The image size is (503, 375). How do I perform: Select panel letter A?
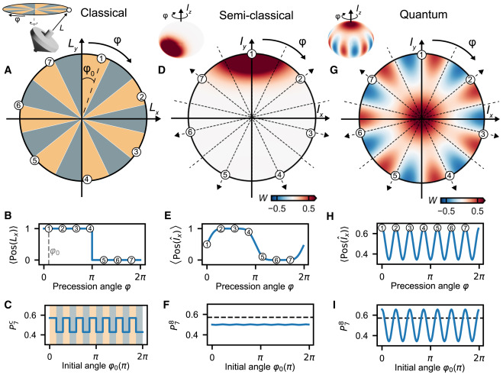pyautogui.click(x=6, y=68)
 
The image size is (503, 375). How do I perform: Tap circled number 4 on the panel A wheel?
pyautogui.click(x=86, y=179)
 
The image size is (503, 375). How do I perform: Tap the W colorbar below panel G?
pyautogui.click(x=440, y=196)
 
